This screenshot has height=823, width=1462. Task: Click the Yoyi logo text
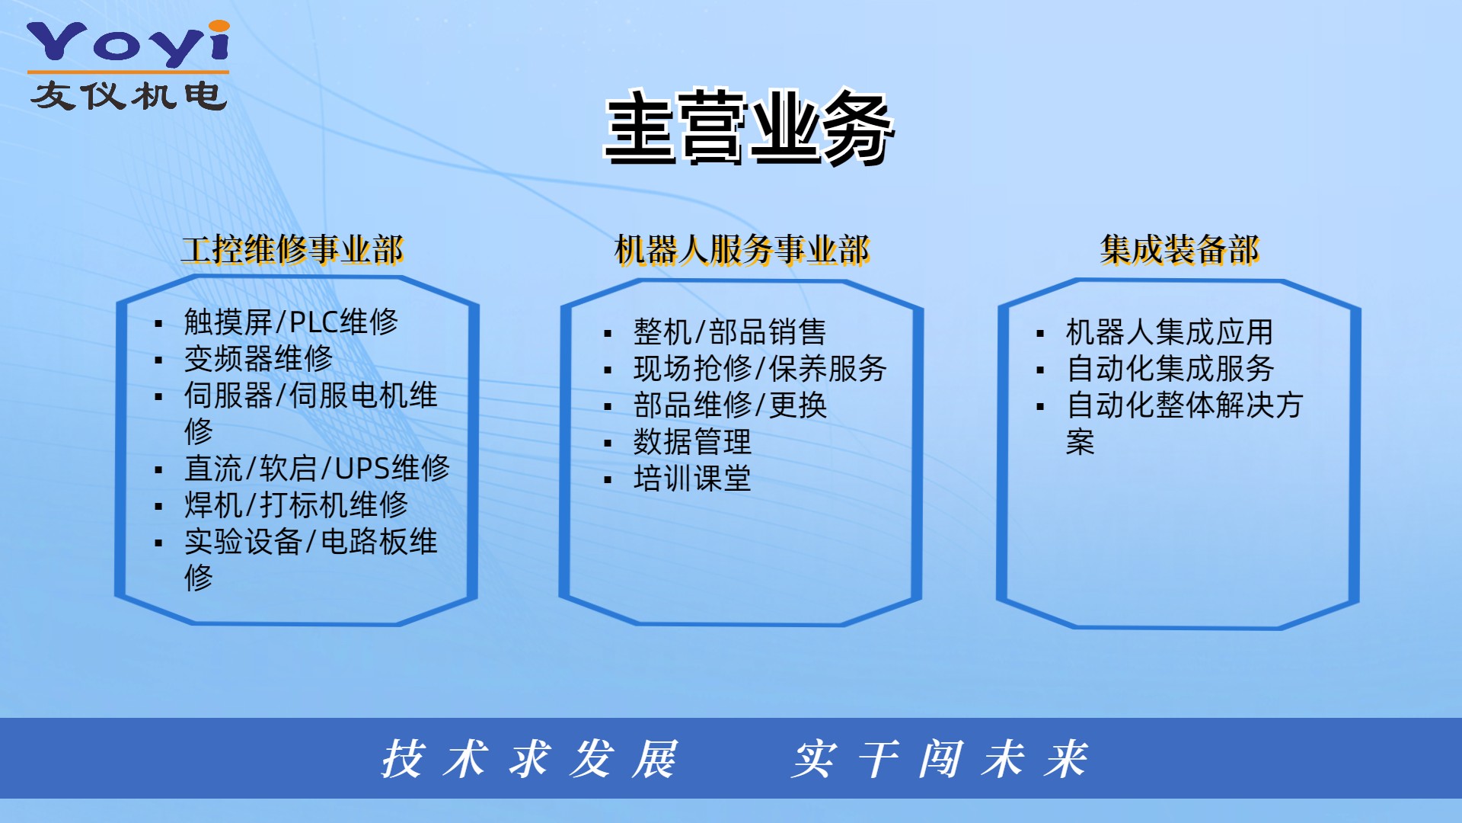click(128, 43)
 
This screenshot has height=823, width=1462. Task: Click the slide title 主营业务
click(749, 127)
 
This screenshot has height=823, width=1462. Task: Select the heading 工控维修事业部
click(292, 250)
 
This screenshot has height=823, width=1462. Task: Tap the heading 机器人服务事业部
click(742, 250)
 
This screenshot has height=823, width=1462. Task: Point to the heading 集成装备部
click(1179, 250)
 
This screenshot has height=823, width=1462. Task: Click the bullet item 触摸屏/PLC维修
click(291, 322)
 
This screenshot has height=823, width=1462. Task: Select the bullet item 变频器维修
click(259, 358)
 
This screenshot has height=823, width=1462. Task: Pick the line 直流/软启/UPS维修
click(317, 468)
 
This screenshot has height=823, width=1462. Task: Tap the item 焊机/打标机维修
click(296, 504)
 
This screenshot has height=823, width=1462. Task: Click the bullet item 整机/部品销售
click(729, 332)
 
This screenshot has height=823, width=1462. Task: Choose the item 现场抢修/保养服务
click(760, 369)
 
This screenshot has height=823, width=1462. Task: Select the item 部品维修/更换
click(730, 405)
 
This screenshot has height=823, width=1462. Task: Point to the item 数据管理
click(692, 442)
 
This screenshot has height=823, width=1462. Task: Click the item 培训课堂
click(692, 479)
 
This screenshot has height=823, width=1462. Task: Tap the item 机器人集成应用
click(1170, 332)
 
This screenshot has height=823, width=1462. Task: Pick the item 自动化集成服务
click(1170, 369)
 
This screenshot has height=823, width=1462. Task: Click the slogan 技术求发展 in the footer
click(529, 759)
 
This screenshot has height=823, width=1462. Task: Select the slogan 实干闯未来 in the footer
click(940, 759)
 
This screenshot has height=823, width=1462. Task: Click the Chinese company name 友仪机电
click(129, 96)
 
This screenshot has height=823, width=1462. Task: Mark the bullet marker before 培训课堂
click(608, 480)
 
